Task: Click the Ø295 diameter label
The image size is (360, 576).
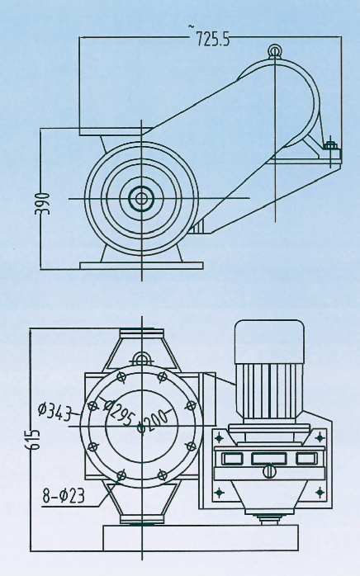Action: coord(121,410)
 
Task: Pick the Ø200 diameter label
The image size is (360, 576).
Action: coord(153,423)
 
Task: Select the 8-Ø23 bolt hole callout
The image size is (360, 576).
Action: coord(64,495)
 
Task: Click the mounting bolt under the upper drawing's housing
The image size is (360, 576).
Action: coord(331,149)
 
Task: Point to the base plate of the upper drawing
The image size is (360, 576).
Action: coord(140,265)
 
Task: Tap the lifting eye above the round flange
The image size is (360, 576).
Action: coord(142,358)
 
